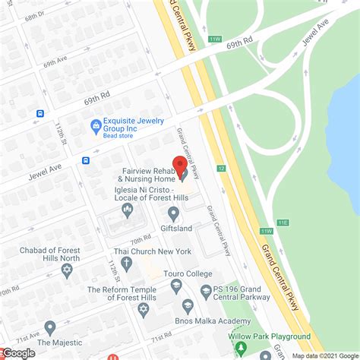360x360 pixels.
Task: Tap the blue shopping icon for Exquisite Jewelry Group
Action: [x=96, y=126]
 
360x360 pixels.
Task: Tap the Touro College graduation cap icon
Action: [x=176, y=286]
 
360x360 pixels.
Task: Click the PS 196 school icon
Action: [x=205, y=291]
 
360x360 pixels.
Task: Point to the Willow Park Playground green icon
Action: [x=241, y=349]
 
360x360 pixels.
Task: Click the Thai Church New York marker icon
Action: [x=127, y=263]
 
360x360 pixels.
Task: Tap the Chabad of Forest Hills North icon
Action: [x=66, y=270]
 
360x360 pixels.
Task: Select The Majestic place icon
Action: [x=50, y=328]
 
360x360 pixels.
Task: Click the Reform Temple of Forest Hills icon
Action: [x=143, y=311]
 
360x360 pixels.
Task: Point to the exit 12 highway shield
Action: [x=221, y=168]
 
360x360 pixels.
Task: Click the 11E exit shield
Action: [x=283, y=223]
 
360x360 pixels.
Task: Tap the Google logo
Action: [x=18, y=352]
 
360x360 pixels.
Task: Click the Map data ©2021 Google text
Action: [x=325, y=355]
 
